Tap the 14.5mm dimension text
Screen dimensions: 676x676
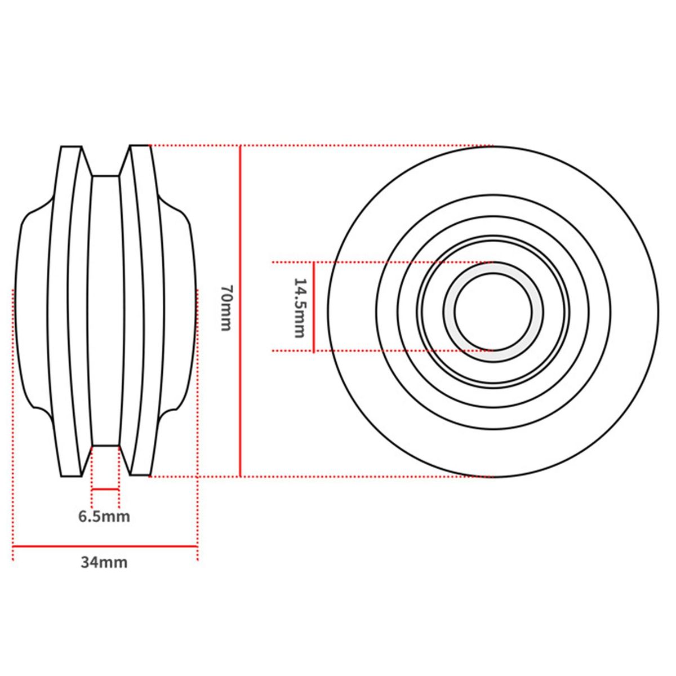(299, 308)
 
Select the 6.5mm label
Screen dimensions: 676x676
(104, 517)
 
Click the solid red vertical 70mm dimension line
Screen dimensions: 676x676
(241, 311)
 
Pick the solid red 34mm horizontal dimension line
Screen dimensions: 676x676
(105, 546)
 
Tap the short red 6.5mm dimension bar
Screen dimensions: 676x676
(105, 489)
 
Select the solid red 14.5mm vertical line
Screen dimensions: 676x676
(313, 307)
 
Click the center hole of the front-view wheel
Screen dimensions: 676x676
(493, 311)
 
